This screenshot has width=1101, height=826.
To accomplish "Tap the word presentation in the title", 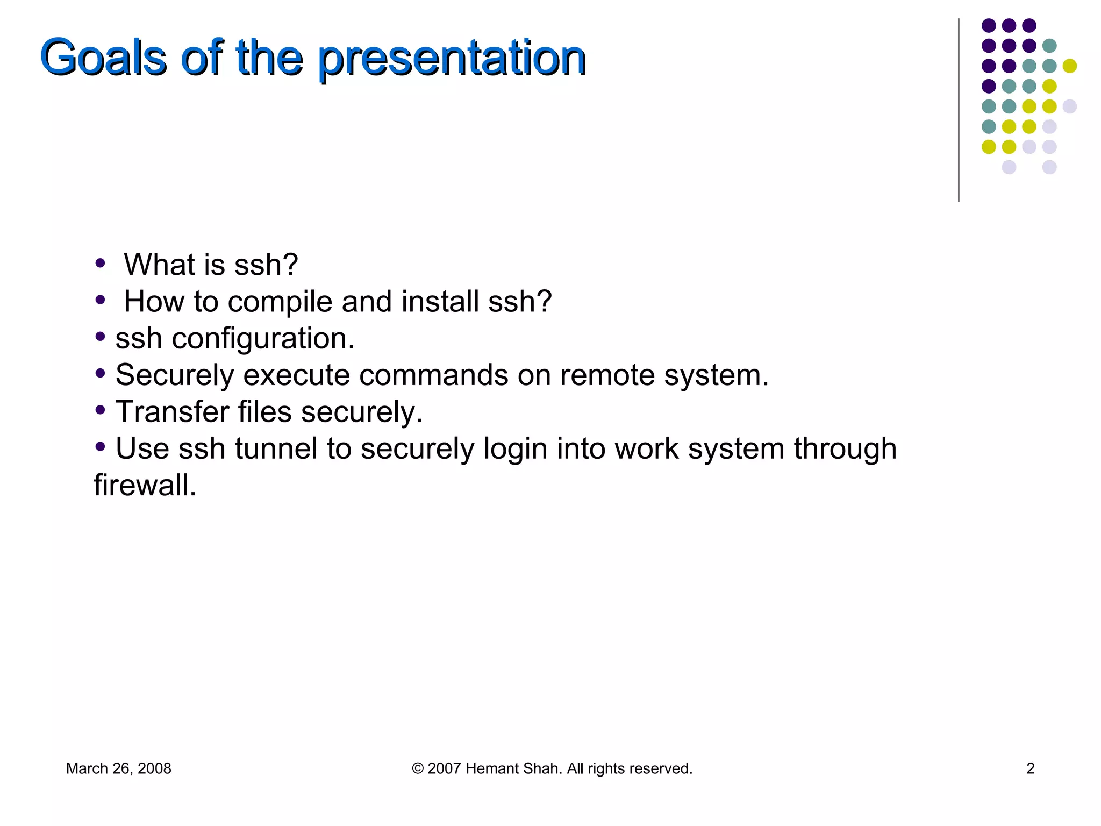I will point(452,58).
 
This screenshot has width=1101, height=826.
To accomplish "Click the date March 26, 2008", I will point(118,768).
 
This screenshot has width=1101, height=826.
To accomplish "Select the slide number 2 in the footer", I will point(1030,768).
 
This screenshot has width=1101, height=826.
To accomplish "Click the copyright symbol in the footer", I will point(418,768).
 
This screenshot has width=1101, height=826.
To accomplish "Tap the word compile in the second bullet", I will point(280,302).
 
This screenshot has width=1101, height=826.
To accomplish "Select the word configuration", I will point(263,339).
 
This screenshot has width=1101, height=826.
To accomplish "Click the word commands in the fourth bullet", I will point(433,375).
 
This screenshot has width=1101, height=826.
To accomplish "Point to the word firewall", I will point(145,485).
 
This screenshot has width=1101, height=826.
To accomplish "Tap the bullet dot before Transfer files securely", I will point(100,410).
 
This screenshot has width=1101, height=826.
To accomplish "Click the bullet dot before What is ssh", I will point(100,264).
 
